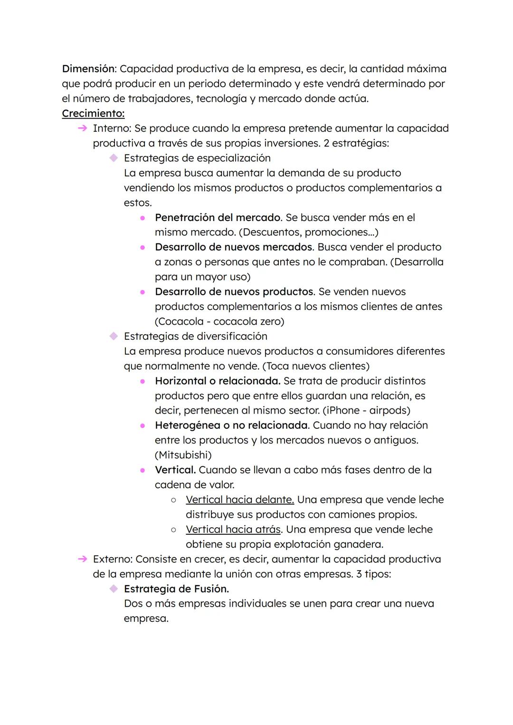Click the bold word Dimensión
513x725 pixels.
pos(89,69)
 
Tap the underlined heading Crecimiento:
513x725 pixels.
pos(93,114)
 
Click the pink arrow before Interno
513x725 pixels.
pos(82,128)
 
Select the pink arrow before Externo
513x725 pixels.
pos(82,559)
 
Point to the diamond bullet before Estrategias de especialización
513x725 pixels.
pos(113,158)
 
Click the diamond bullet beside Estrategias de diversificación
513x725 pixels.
pos(113,336)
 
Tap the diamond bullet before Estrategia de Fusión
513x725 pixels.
pos(113,589)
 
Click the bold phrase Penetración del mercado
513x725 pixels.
pos(218,218)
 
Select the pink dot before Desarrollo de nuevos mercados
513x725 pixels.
pos(142,248)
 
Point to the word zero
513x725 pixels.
pos(270,321)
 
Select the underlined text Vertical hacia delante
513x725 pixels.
pos(240,500)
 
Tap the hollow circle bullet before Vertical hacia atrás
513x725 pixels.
pos(174,530)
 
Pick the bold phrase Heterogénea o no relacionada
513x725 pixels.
pos(231,425)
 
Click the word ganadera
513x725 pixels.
pos(358,544)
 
